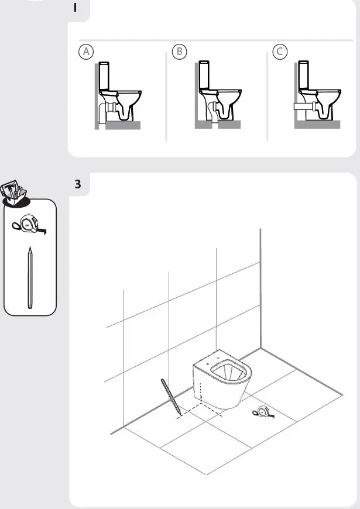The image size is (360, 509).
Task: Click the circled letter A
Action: tap(87, 51)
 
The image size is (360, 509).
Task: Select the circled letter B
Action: tap(180, 51)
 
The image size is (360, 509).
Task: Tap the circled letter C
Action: tap(280, 51)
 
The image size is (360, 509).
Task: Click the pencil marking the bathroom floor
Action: tap(170, 397)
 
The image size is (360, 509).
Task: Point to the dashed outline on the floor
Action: tap(199, 410)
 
